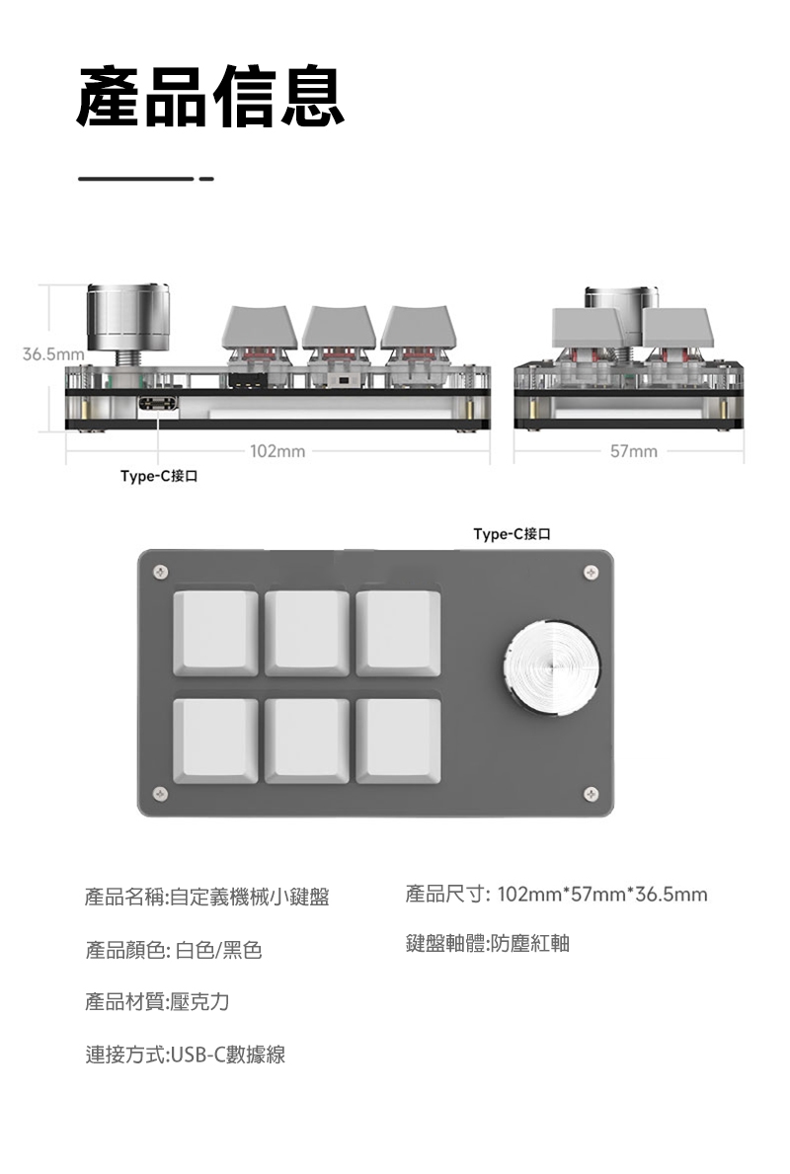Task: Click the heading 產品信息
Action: (x=210, y=96)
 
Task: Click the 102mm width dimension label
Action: (x=277, y=452)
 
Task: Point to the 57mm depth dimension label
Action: (x=633, y=452)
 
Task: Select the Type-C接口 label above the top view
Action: (x=512, y=534)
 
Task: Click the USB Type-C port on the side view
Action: (x=160, y=405)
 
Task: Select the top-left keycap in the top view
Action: (x=215, y=633)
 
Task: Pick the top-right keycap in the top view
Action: (x=398, y=633)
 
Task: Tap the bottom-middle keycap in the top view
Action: (x=306, y=741)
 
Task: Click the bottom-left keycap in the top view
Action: (x=215, y=741)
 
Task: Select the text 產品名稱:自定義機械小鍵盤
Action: (x=207, y=898)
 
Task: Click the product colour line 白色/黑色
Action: (x=174, y=951)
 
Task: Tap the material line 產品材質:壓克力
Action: (x=158, y=1002)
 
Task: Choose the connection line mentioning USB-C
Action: (x=186, y=1055)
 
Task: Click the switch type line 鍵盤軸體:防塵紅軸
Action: (x=488, y=944)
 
